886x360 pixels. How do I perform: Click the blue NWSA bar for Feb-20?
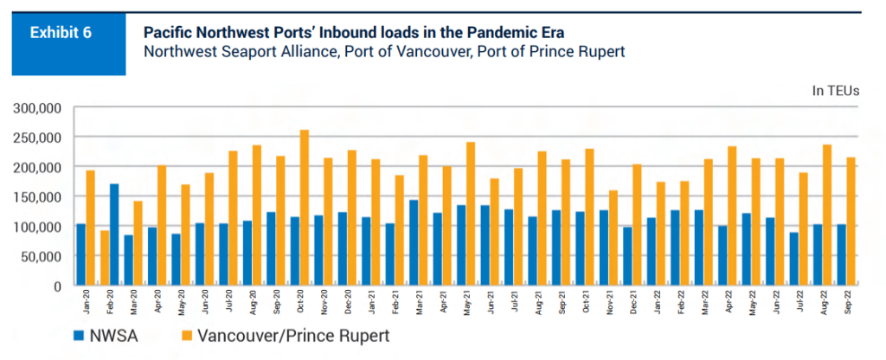(114, 235)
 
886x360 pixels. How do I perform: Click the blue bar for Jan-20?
(81, 254)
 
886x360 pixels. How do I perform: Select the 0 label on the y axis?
(57, 286)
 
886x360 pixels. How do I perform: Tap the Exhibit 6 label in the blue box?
(61, 34)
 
